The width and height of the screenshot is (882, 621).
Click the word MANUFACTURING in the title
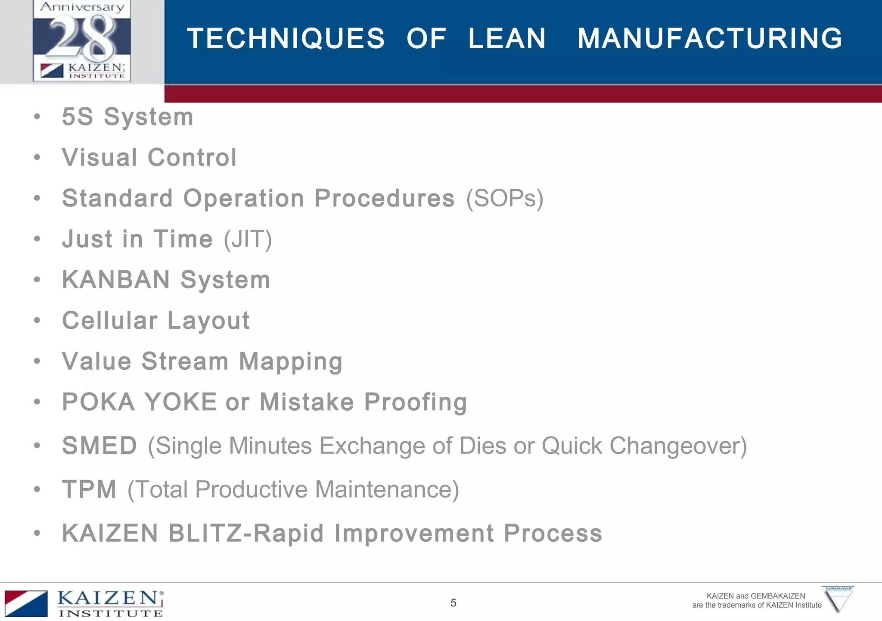709,39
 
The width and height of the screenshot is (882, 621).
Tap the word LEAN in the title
507,39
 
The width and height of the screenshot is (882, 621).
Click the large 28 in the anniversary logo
82,38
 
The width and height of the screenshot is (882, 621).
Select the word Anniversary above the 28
82,7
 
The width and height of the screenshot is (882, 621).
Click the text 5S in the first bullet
78,117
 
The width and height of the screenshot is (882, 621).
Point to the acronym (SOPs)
505,198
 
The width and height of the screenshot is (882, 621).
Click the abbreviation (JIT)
248,239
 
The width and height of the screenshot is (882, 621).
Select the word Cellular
110,321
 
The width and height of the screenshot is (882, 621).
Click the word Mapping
291,361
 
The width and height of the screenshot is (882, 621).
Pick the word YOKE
180,402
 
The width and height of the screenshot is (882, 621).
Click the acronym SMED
99,446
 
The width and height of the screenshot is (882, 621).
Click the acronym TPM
89,490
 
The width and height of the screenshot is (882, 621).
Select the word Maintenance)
387,490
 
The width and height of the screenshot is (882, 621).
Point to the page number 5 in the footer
453,603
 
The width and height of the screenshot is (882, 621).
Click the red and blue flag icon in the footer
26,603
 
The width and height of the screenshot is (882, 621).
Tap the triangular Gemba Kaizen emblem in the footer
838,599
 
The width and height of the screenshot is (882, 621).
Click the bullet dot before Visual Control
37,158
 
